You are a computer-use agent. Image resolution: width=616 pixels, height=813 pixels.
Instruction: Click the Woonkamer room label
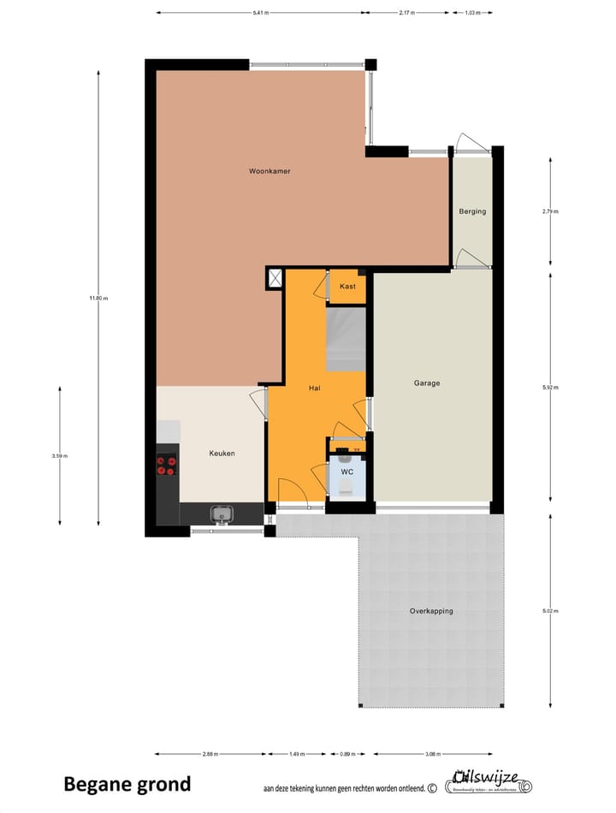point(269,171)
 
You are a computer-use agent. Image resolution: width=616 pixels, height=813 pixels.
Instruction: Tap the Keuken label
point(222,454)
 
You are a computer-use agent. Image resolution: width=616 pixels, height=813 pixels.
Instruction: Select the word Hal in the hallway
point(314,389)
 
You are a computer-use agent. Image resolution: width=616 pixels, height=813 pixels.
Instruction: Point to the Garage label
point(427,383)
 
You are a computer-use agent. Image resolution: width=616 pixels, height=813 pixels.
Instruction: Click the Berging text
point(471,211)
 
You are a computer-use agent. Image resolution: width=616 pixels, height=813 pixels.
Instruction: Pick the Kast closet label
point(347,286)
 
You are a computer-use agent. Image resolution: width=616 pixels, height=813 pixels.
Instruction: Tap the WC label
point(346,472)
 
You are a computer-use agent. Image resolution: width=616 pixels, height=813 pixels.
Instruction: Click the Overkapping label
point(431,611)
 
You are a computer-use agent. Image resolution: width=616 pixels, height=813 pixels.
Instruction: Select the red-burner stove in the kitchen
point(166,465)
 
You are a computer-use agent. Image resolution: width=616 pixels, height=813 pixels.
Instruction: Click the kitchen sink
point(222,513)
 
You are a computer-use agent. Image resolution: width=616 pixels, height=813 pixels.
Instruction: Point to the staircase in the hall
point(346,340)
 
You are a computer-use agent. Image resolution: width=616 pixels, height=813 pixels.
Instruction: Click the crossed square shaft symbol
point(275,278)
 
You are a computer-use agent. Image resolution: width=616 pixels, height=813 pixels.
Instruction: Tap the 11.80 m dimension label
point(98,298)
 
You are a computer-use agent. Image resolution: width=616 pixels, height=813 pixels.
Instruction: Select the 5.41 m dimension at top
point(260,13)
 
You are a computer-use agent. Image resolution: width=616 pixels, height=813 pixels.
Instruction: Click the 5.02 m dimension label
point(550,610)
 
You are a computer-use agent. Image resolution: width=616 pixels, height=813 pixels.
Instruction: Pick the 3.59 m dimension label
point(59,456)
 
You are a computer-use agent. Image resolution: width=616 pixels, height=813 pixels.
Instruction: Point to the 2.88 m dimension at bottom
point(210,755)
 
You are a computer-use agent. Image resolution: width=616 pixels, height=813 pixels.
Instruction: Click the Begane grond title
point(127,784)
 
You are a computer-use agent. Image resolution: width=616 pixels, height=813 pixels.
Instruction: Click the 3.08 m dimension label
point(432,755)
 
